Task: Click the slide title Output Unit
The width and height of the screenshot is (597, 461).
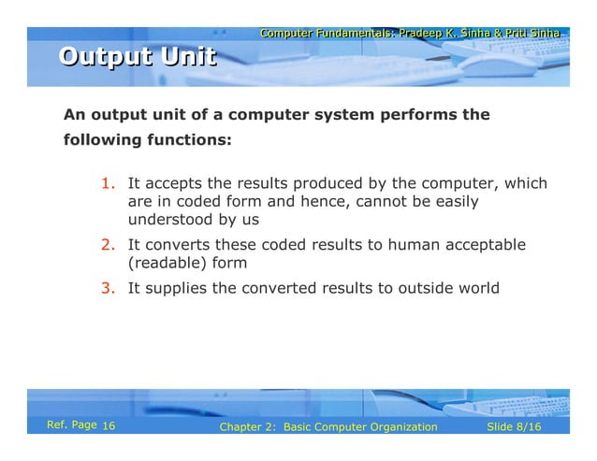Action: pos(137,58)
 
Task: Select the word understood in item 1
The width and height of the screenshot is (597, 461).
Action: pos(167,221)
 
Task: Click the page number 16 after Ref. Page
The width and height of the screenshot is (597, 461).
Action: pos(109,427)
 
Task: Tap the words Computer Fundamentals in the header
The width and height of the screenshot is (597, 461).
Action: pos(324,34)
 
